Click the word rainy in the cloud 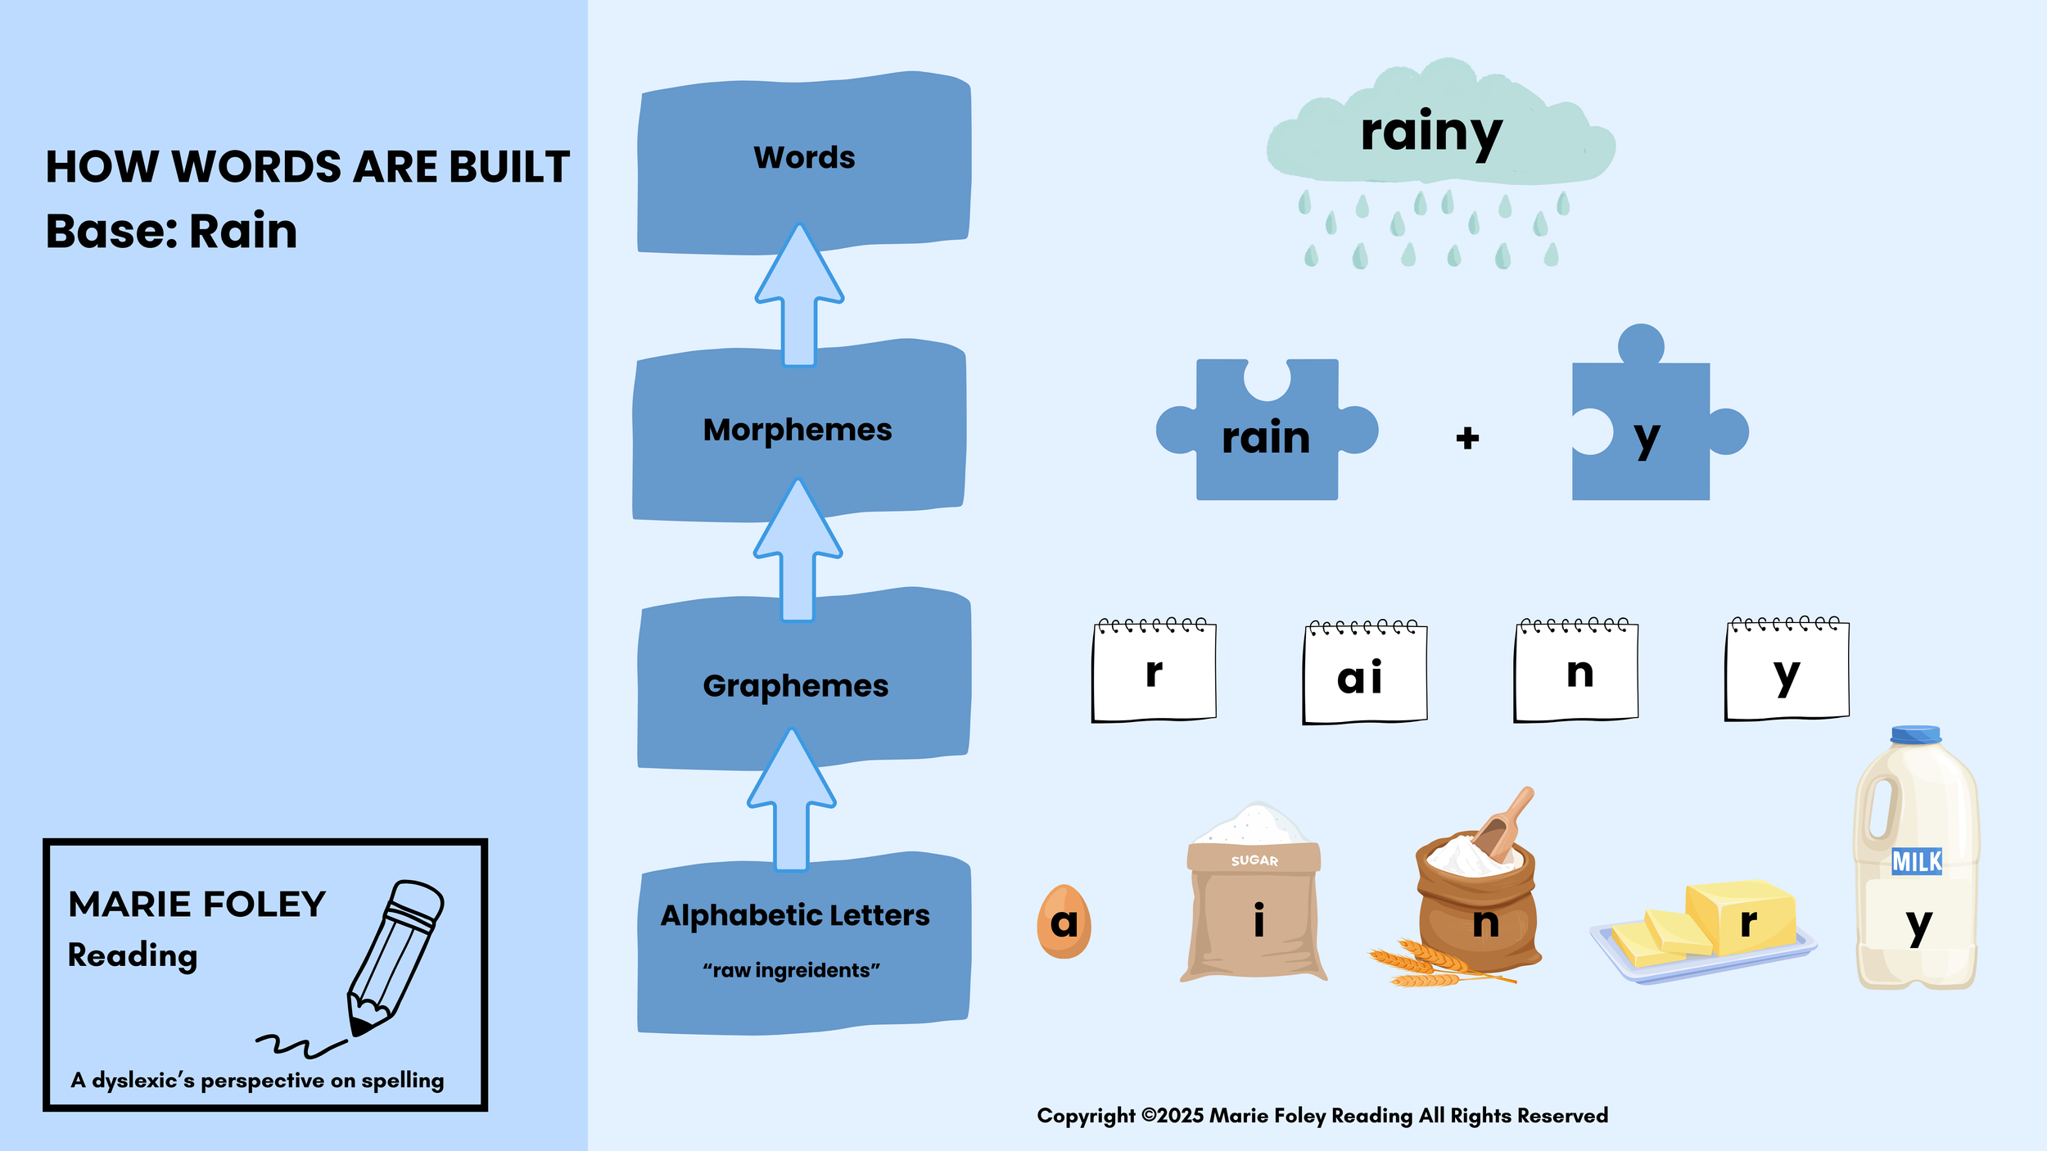point(1430,133)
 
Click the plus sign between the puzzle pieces point(1467,438)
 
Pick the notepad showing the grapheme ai point(1365,673)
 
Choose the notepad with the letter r point(1154,671)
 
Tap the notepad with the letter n point(1576,671)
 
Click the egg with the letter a point(1064,922)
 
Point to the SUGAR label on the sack point(1254,860)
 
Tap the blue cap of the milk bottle point(1915,734)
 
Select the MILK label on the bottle point(1916,862)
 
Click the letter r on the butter point(1748,922)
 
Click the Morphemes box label point(797,430)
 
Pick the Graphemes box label point(795,686)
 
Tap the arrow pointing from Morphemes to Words point(799,295)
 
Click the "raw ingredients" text point(791,970)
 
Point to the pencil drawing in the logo point(395,958)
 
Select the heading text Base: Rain point(171,231)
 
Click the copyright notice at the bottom point(1322,1116)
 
